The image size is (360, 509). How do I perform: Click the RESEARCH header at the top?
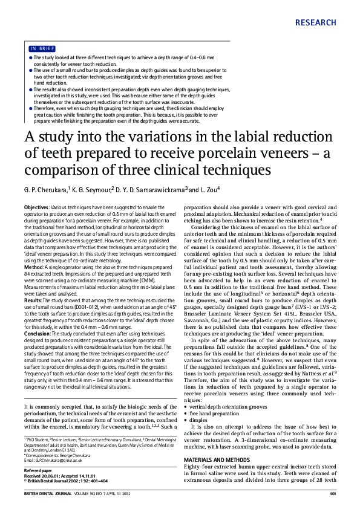[x=316, y=23]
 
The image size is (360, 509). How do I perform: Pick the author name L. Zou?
[x=206, y=190]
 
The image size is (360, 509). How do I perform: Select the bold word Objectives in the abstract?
[x=36, y=207]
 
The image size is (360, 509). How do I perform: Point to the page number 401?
[x=332, y=494]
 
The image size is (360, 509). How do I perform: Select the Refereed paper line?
[x=38, y=470]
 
